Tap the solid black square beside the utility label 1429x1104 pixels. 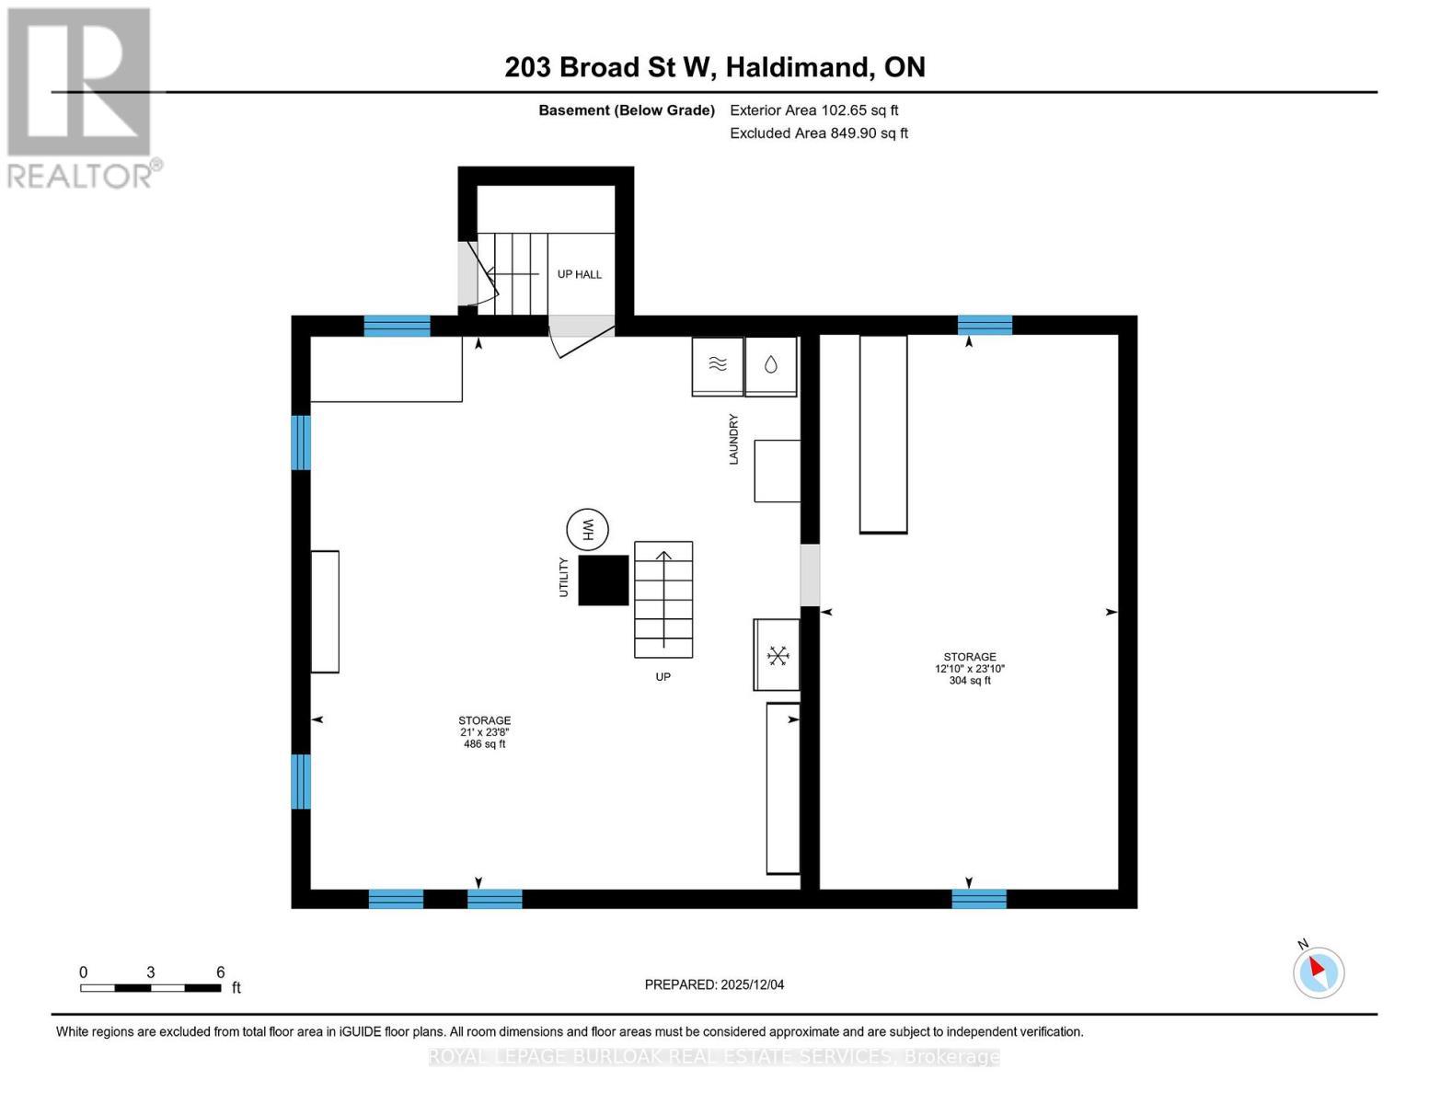click(604, 581)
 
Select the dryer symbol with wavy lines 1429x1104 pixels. click(718, 364)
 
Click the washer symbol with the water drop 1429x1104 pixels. click(771, 364)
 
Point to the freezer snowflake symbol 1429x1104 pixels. click(778, 655)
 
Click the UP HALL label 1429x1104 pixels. click(580, 274)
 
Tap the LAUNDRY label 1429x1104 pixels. click(734, 439)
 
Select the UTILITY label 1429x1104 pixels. click(564, 578)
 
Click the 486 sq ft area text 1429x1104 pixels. click(485, 743)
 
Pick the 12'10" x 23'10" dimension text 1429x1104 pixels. click(969, 669)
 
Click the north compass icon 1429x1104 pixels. click(1319, 972)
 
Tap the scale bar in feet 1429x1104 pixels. click(151, 988)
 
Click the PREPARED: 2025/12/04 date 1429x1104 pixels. click(714, 984)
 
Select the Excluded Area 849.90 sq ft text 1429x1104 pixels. click(819, 133)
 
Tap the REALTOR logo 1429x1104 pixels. click(81, 97)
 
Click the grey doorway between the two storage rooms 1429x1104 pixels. click(810, 575)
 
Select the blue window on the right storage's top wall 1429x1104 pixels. click(985, 325)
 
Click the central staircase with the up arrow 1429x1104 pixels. click(663, 600)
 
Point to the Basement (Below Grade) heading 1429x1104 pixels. click(627, 110)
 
